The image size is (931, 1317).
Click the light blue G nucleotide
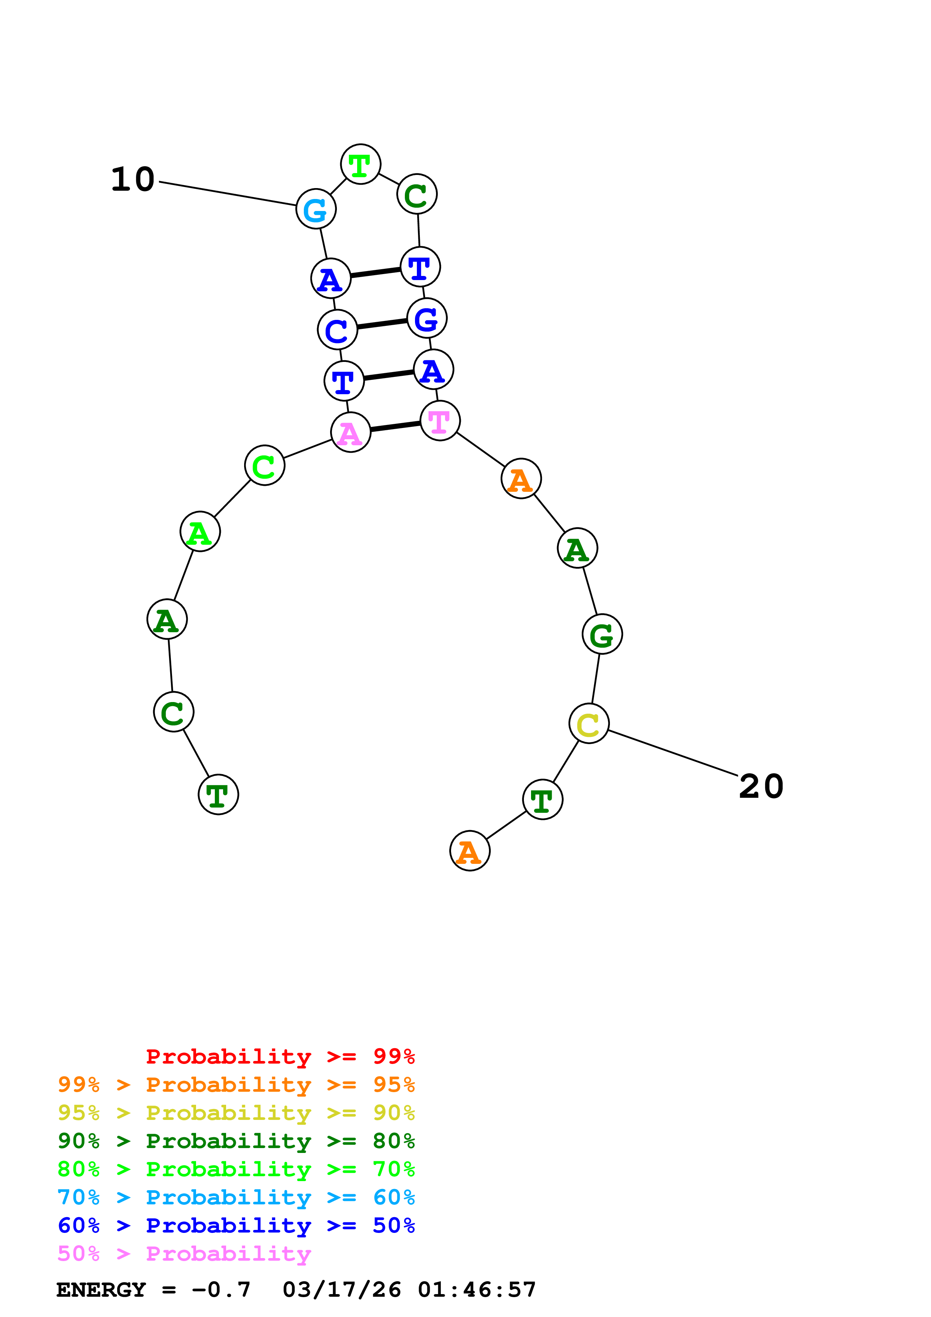pos(315,209)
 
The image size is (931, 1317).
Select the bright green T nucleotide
pos(360,164)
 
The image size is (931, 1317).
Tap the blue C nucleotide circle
pos(337,330)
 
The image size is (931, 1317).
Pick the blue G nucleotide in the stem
pos(427,318)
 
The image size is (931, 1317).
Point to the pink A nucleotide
pos(350,432)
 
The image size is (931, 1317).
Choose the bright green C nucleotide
pos(264,466)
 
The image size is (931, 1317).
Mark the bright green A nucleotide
pos(200,532)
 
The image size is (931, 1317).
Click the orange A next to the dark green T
pos(470,851)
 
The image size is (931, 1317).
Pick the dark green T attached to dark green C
pos(218,795)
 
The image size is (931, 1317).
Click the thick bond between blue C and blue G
pos(382,324)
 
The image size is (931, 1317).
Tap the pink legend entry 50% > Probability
pos(184,1254)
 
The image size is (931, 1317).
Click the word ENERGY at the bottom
pos(101,1290)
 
